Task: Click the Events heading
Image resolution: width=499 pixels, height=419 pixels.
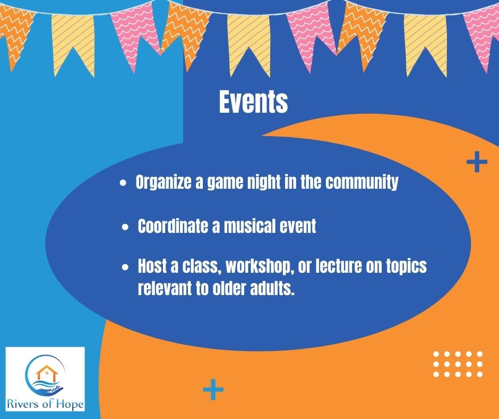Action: point(253,102)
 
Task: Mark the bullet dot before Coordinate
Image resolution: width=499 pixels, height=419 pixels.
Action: point(125,227)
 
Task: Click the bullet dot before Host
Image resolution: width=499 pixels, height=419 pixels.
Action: point(125,267)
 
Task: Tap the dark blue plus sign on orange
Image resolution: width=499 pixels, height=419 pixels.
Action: point(477,162)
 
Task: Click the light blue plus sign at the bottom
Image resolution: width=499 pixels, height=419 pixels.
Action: point(213,389)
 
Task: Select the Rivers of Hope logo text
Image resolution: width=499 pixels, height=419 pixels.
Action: point(45,404)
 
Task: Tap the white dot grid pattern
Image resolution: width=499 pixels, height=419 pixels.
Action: point(458,364)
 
